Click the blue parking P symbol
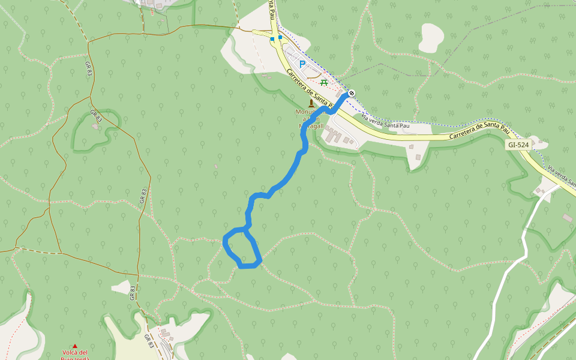pyautogui.click(x=302, y=64)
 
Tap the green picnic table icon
pyautogui.click(x=324, y=82)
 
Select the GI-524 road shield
pyautogui.click(x=518, y=145)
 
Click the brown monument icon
pyautogui.click(x=311, y=103)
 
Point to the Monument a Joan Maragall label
pyautogui.click(x=310, y=119)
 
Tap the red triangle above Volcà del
pyautogui.click(x=75, y=346)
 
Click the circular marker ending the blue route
pyautogui.click(x=351, y=92)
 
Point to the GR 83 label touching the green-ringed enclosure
pyautogui.click(x=97, y=116)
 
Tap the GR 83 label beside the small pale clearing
pyautogui.click(x=133, y=292)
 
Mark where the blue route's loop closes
pyautogui.click(x=246, y=229)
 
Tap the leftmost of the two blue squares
pyautogui.click(x=272, y=39)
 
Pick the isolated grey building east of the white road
pyautogui.click(x=567, y=217)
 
